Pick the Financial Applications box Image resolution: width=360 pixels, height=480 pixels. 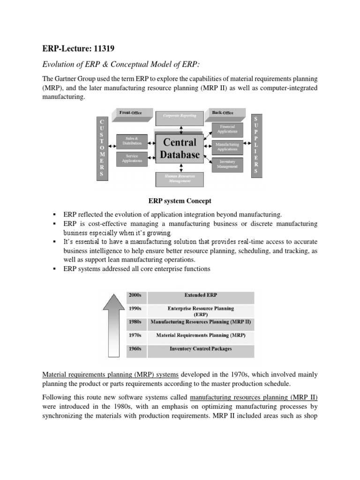[227, 128]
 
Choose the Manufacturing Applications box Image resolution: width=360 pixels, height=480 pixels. [227, 146]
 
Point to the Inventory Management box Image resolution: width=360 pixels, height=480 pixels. [227, 164]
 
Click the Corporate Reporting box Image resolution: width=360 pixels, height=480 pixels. [180, 116]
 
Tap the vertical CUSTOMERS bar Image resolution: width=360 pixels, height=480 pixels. [103, 148]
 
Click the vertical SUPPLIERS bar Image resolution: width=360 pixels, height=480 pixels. [255, 145]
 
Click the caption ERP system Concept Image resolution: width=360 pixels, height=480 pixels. [180, 201]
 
